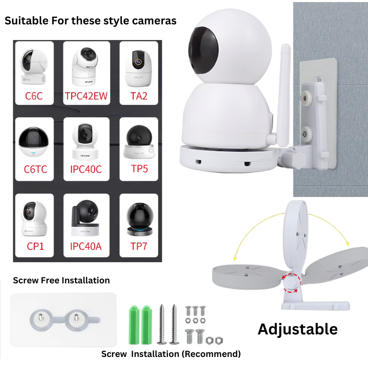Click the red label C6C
(x=34, y=97)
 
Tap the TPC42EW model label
(x=86, y=97)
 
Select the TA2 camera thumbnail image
(x=138, y=67)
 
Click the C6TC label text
(x=35, y=170)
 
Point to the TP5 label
(x=139, y=170)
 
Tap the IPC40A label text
(x=86, y=247)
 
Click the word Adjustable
(x=297, y=329)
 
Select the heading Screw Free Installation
(x=61, y=280)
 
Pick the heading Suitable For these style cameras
(x=90, y=21)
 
